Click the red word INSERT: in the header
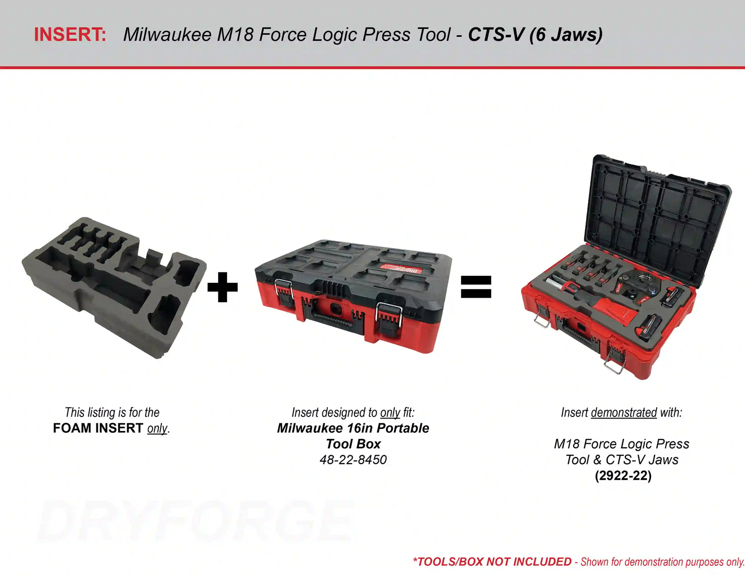(x=70, y=35)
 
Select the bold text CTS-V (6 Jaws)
(x=535, y=35)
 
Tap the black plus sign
(x=223, y=287)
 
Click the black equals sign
(x=476, y=287)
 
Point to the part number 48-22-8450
(x=353, y=460)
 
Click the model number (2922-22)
(x=623, y=476)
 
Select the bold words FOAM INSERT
(x=98, y=428)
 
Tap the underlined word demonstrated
(x=624, y=412)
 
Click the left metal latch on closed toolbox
(x=284, y=293)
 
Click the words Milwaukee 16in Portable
(x=353, y=428)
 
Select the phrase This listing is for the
(x=112, y=412)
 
